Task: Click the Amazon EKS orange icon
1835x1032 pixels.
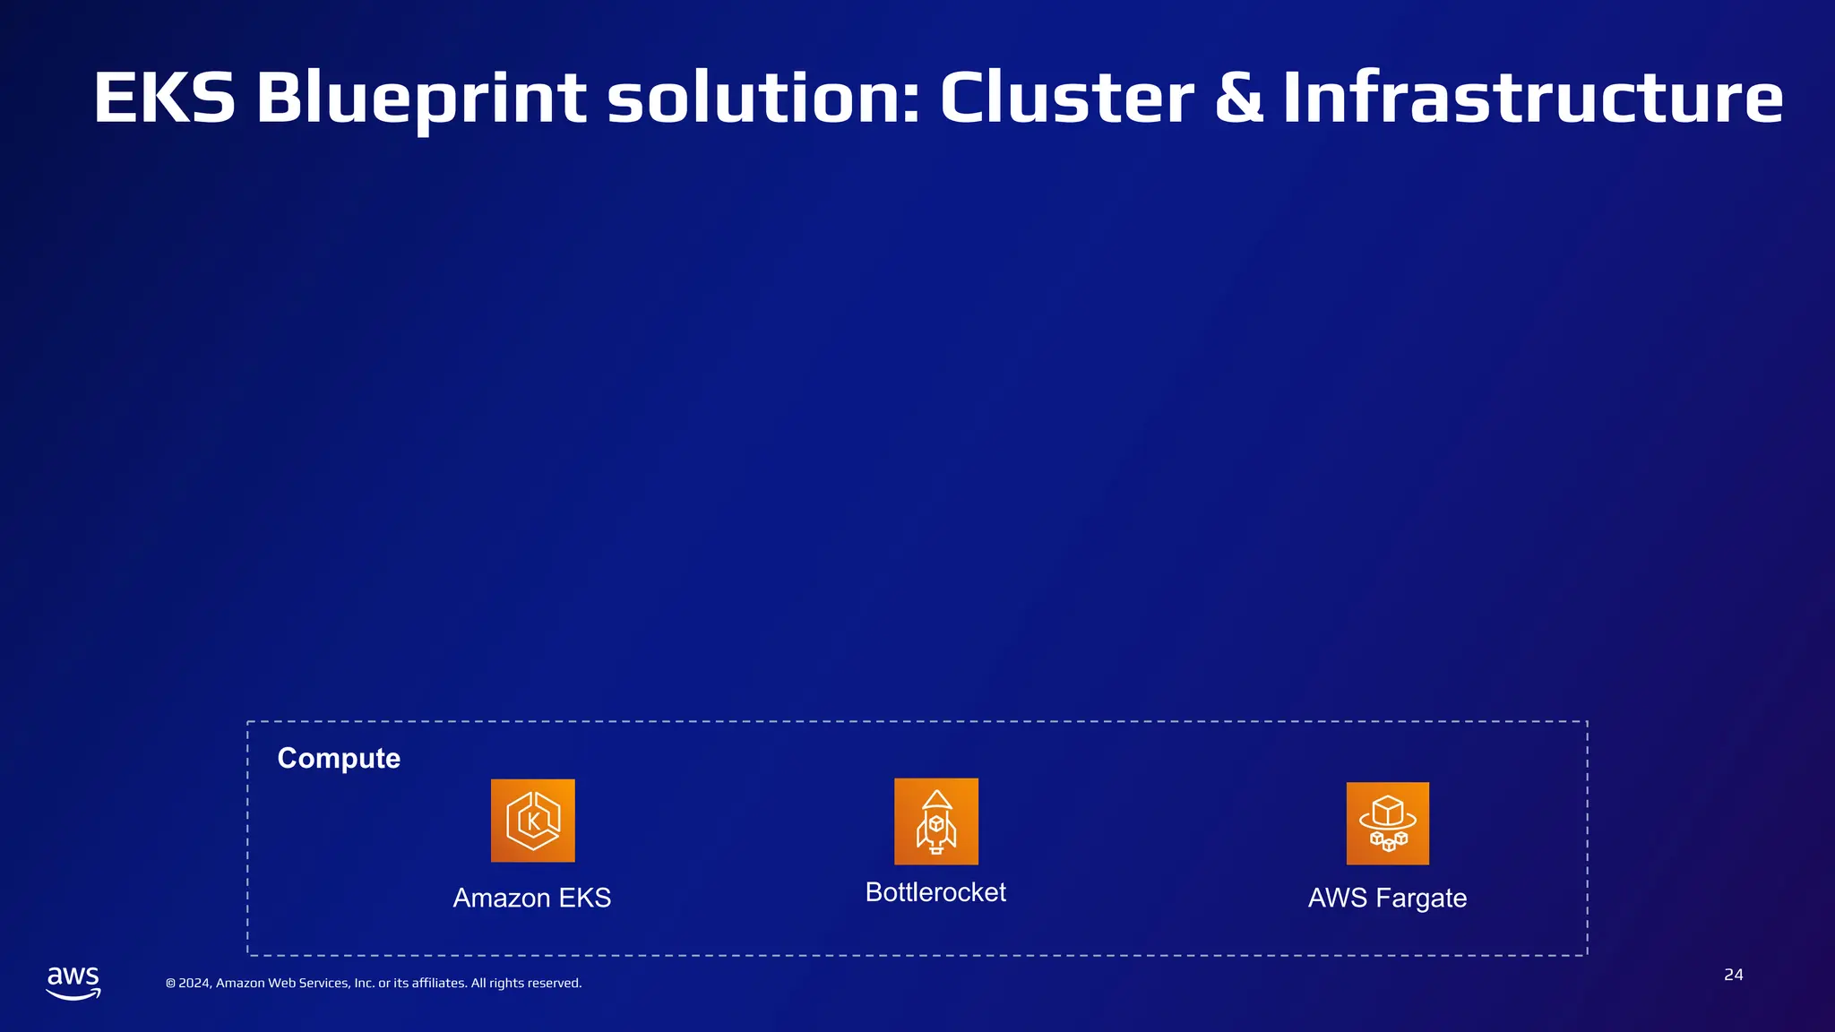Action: [x=532, y=821]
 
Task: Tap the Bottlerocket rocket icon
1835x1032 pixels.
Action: [x=935, y=821]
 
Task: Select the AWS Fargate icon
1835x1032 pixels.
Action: [x=1387, y=823]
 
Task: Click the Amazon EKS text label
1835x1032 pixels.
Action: [x=532, y=898]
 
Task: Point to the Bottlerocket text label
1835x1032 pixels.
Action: [x=935, y=892]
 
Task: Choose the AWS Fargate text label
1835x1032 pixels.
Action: [x=1387, y=898]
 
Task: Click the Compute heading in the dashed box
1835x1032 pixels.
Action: [x=339, y=758]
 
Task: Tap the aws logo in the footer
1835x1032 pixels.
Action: [x=73, y=982]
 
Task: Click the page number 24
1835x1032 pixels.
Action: [x=1733, y=975]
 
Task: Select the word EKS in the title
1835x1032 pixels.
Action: [x=164, y=98]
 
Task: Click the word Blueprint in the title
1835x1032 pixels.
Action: [x=421, y=98]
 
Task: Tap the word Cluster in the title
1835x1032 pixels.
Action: [x=1066, y=98]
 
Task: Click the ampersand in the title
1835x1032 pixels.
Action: [x=1238, y=98]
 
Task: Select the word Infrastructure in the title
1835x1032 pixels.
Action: [x=1532, y=98]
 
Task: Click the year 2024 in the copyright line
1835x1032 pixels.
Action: [x=194, y=983]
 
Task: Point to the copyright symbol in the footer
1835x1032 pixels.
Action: [x=170, y=984]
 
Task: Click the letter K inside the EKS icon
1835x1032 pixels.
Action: [x=533, y=821]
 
